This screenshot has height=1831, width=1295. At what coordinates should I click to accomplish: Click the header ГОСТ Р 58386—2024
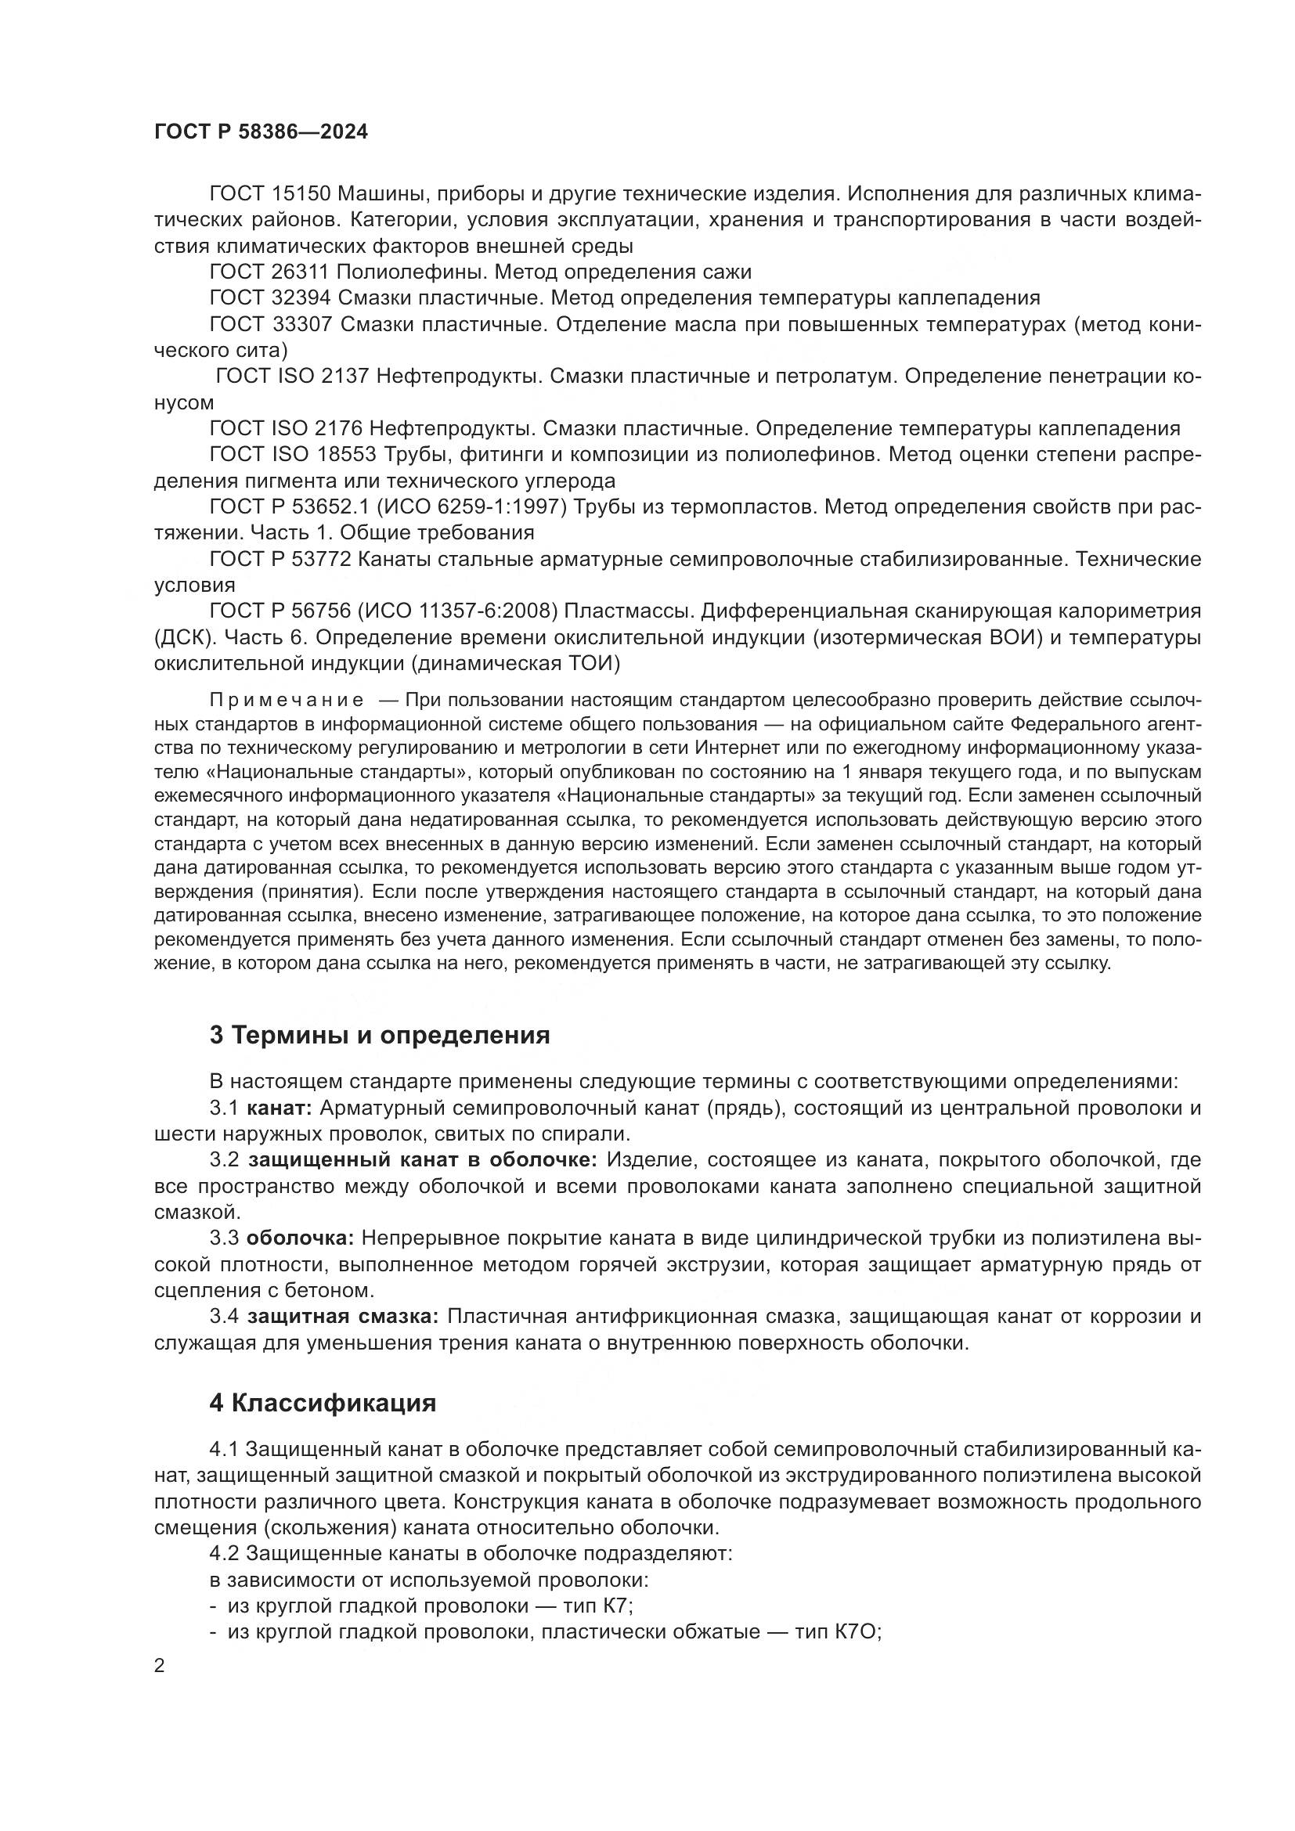point(261,132)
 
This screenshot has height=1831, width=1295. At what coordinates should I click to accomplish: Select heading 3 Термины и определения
point(380,1035)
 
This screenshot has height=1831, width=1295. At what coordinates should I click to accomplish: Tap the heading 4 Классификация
point(323,1403)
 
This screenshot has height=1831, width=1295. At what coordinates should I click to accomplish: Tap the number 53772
point(323,559)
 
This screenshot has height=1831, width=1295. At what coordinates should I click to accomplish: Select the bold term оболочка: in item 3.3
point(300,1238)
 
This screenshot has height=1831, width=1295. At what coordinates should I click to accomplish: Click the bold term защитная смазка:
point(343,1317)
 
